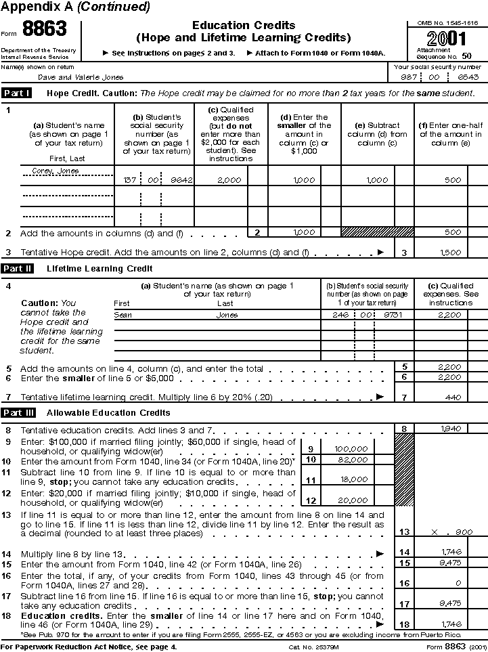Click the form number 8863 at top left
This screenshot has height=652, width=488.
45,29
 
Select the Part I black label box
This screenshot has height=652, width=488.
17,93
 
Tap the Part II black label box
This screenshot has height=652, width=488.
18,269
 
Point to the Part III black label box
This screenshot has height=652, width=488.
18,412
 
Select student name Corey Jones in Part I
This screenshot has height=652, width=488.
56,171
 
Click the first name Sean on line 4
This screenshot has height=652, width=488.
123,315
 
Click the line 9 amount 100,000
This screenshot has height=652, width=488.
351,449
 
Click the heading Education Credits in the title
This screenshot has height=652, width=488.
243,25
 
